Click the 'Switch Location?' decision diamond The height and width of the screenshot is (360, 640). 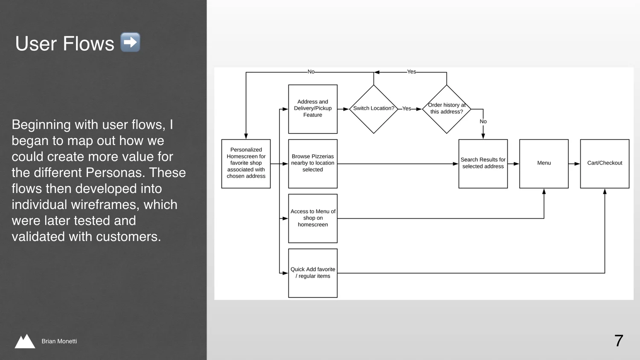pyautogui.click(x=373, y=109)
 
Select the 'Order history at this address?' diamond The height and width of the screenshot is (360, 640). pyautogui.click(x=446, y=109)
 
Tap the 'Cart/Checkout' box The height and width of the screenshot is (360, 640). pyautogui.click(x=605, y=163)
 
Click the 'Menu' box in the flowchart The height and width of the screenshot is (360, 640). pyautogui.click(x=544, y=163)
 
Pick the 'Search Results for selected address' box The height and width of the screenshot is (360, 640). pyautogui.click(x=483, y=163)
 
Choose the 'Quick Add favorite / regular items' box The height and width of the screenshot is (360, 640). pyautogui.click(x=313, y=273)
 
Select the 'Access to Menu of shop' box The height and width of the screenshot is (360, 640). pyautogui.click(x=313, y=218)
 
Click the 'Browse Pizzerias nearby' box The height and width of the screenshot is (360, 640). pyautogui.click(x=313, y=163)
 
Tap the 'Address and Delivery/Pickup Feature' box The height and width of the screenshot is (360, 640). pyautogui.click(x=313, y=109)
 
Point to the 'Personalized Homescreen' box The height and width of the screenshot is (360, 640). pyautogui.click(x=246, y=163)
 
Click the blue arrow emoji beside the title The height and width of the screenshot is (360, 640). pyautogui.click(x=130, y=42)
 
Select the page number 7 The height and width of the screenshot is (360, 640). pyautogui.click(x=619, y=341)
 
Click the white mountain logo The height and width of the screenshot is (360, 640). pyautogui.click(x=25, y=341)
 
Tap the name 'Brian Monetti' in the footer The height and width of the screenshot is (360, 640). pyautogui.click(x=59, y=341)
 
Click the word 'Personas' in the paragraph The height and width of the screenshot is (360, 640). pyautogui.click(x=114, y=173)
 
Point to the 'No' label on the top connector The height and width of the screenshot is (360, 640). pyautogui.click(x=311, y=72)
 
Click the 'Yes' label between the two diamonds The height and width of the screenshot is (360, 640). pyautogui.click(x=407, y=108)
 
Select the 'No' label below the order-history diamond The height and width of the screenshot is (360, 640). pyautogui.click(x=483, y=122)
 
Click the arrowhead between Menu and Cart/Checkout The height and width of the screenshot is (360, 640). pyautogui.click(x=577, y=163)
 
